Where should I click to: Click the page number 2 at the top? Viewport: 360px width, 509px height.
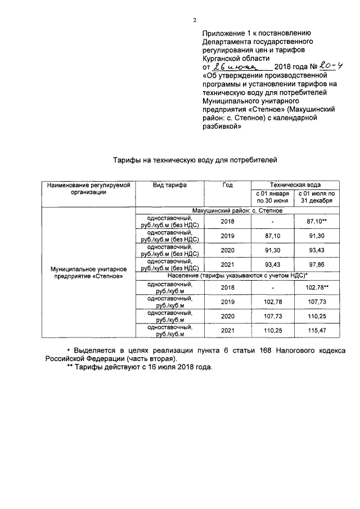click(x=195, y=20)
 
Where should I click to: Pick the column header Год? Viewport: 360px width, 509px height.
click(x=227, y=185)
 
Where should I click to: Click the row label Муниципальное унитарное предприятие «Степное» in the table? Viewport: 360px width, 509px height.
click(x=87, y=273)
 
